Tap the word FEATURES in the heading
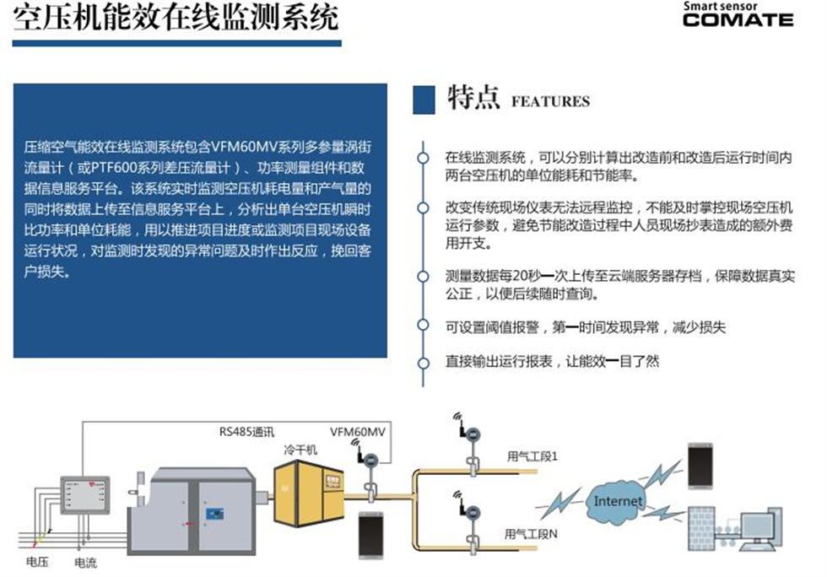coord(550,102)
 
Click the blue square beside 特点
coord(424,100)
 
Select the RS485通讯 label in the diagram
coord(241,434)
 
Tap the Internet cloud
coord(618,501)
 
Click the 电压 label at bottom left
coord(36,561)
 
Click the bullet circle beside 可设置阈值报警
coord(423,327)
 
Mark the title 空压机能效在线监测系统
coord(176,18)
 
